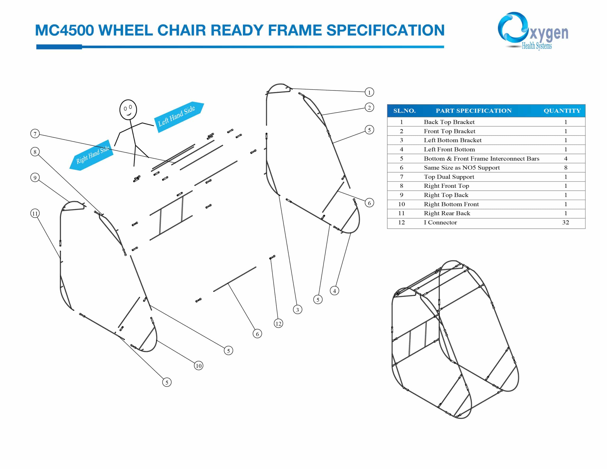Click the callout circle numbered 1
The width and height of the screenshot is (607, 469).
pyautogui.click(x=369, y=92)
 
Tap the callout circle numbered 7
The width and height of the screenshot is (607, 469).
pyautogui.click(x=35, y=134)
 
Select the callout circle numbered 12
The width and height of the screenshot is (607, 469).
pyautogui.click(x=278, y=323)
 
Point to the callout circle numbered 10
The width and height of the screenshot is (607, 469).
pyautogui.click(x=198, y=366)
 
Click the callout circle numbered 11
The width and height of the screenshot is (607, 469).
pyautogui.click(x=35, y=213)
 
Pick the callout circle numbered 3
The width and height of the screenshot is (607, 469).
pyautogui.click(x=297, y=309)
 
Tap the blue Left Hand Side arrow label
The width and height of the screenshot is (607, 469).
pyautogui.click(x=179, y=117)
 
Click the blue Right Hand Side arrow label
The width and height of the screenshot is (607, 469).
pyautogui.click(x=92, y=155)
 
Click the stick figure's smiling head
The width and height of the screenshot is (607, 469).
pyautogui.click(x=128, y=110)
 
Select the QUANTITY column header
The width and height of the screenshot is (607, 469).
pyautogui.click(x=562, y=111)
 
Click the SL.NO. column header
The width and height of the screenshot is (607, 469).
pyautogui.click(x=404, y=111)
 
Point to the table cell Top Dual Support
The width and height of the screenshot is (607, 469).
pyautogui.click(x=449, y=177)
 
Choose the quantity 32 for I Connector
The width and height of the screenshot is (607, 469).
pyautogui.click(x=566, y=222)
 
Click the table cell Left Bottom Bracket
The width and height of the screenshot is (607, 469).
pyautogui.click(x=452, y=140)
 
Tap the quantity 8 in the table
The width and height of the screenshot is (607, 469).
pyautogui.click(x=566, y=168)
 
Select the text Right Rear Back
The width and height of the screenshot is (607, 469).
pyautogui.click(x=447, y=213)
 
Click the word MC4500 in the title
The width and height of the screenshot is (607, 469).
pyautogui.click(x=64, y=30)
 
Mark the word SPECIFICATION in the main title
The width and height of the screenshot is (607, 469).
pyautogui.click(x=385, y=30)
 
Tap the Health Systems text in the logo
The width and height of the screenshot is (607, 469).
pyautogui.click(x=537, y=46)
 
